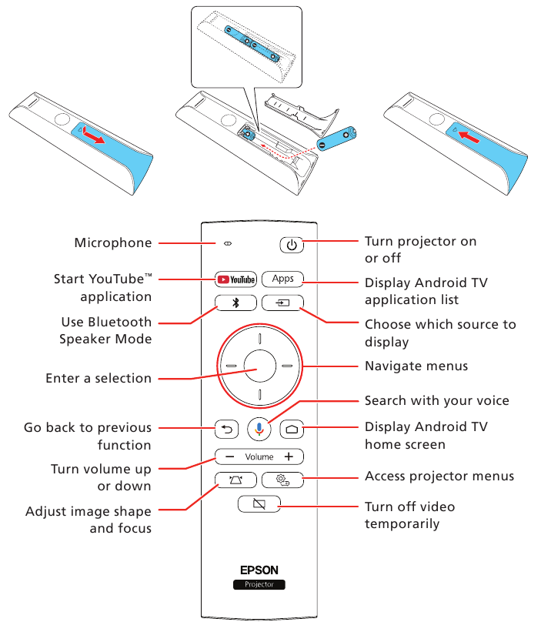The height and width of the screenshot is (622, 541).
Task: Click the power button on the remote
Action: pyautogui.click(x=291, y=246)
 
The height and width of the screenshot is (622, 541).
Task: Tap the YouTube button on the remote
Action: pyautogui.click(x=235, y=279)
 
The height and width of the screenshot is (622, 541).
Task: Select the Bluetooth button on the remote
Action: pyautogui.click(x=235, y=303)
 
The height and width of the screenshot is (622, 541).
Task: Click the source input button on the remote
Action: pyautogui.click(x=282, y=303)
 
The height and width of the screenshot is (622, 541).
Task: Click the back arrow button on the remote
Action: pyautogui.click(x=227, y=430)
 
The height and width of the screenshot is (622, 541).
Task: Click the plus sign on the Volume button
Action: pyautogui.click(x=288, y=456)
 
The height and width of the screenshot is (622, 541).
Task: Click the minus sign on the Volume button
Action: pyautogui.click(x=230, y=456)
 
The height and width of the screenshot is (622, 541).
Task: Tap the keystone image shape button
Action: pyautogui.click(x=235, y=481)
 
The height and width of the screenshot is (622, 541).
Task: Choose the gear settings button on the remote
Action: pyautogui.click(x=282, y=481)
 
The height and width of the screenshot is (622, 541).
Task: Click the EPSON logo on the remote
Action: pyautogui.click(x=259, y=570)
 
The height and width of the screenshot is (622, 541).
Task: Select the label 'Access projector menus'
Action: pyautogui.click(x=439, y=477)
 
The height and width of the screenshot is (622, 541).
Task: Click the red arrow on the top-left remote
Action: pyautogui.click(x=95, y=136)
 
